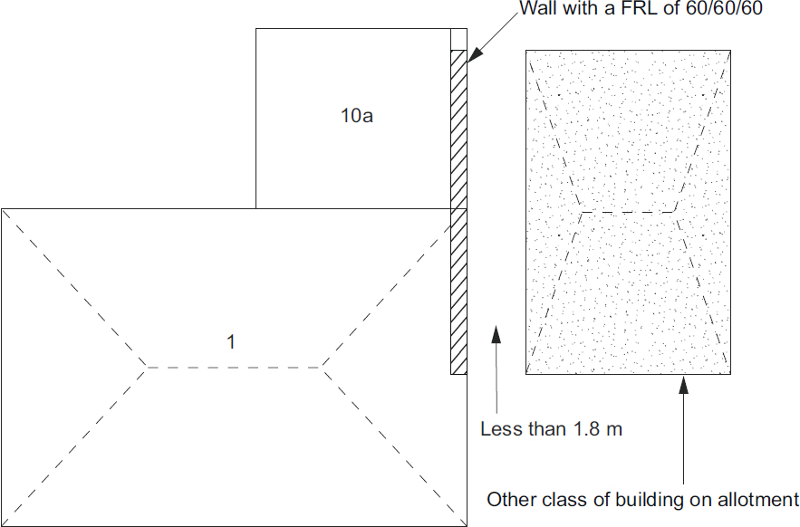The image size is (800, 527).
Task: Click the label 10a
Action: [357, 116]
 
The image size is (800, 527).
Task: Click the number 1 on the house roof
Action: [231, 341]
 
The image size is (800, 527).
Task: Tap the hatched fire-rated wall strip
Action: [458, 212]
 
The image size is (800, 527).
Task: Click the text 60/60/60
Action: [724, 8]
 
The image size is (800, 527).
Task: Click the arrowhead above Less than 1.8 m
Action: [496, 333]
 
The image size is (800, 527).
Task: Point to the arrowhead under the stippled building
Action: [684, 385]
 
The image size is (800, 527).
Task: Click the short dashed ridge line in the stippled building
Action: [628, 211]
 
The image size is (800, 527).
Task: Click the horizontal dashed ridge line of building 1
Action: [233, 367]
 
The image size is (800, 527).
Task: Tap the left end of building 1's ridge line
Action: [147, 367]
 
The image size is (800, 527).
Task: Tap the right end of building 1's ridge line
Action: [320, 367]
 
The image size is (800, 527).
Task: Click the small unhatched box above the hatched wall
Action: [458, 39]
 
